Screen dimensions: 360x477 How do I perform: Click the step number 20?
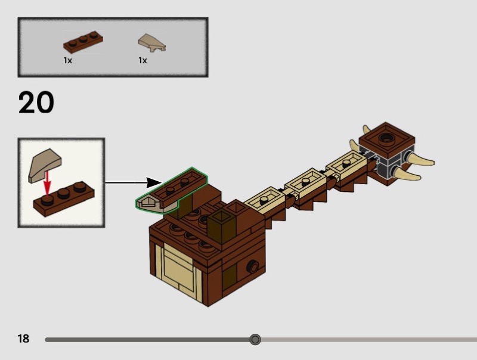pyautogui.click(x=36, y=103)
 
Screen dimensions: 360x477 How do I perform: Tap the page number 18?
pyautogui.click(x=23, y=339)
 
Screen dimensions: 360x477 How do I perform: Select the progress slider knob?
pyautogui.click(x=255, y=340)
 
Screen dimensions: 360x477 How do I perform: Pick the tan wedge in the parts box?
pyautogui.click(x=152, y=43)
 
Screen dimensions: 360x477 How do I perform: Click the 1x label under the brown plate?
pyautogui.click(x=68, y=60)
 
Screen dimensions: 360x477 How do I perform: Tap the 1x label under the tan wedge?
pyautogui.click(x=143, y=60)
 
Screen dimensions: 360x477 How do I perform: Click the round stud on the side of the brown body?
pyautogui.click(x=253, y=266)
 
